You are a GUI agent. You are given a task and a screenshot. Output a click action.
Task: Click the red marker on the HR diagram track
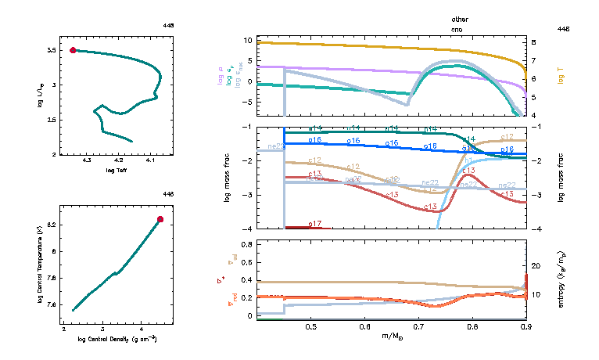[x=73, y=50]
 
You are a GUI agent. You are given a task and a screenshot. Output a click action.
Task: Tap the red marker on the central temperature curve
[x=160, y=219]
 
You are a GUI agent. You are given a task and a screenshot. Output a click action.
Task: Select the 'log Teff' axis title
[x=117, y=169]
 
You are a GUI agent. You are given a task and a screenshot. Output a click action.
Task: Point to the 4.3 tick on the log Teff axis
[x=86, y=160]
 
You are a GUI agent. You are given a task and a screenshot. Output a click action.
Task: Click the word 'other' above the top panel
[x=459, y=18]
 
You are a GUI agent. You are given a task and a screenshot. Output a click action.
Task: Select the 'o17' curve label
[x=315, y=225]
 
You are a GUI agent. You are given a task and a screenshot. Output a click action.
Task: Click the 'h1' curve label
[x=468, y=182]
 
